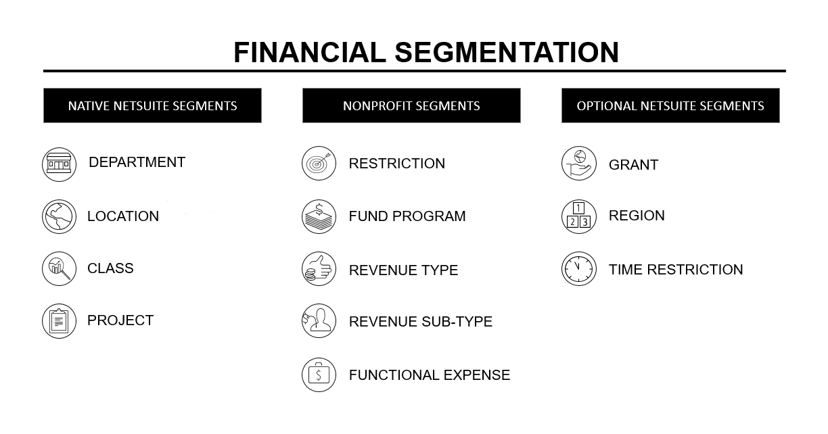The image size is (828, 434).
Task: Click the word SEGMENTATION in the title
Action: pyautogui.click(x=507, y=53)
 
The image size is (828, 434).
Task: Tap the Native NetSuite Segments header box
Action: pyautogui.click(x=152, y=105)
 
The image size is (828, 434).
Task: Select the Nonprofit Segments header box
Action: pyautogui.click(x=411, y=105)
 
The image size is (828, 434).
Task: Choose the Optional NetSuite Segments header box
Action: pyautogui.click(x=670, y=105)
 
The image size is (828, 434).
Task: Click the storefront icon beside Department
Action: pyautogui.click(x=59, y=164)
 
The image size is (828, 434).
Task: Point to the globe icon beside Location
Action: pyautogui.click(x=59, y=216)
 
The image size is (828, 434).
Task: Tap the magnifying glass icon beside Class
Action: pyautogui.click(x=59, y=268)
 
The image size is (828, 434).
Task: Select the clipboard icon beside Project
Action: pyautogui.click(x=59, y=321)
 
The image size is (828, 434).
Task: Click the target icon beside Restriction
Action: pyautogui.click(x=319, y=164)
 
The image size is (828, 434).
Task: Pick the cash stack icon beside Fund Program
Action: pyautogui.click(x=319, y=216)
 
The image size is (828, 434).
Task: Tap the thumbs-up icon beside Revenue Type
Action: pyautogui.click(x=319, y=268)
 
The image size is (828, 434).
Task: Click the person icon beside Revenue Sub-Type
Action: pyautogui.click(x=319, y=320)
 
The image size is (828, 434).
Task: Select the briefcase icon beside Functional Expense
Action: pyautogui.click(x=319, y=375)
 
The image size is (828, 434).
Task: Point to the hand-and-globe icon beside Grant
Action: pyautogui.click(x=579, y=164)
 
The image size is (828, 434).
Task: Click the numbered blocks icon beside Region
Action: pyautogui.click(x=579, y=216)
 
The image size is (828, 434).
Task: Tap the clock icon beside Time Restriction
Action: pyautogui.click(x=579, y=268)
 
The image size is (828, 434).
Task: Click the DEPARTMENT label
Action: pyautogui.click(x=137, y=162)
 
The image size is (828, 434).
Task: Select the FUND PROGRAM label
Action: pyautogui.click(x=407, y=216)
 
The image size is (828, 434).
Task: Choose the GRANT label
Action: pyautogui.click(x=634, y=165)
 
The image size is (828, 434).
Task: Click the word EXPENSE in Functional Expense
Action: pyautogui.click(x=477, y=375)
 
